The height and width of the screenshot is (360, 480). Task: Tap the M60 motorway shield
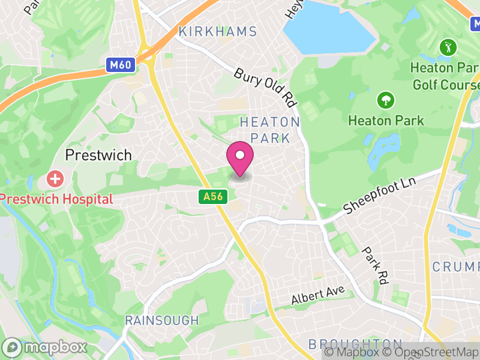(121, 65)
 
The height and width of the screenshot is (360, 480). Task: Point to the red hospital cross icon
(55, 178)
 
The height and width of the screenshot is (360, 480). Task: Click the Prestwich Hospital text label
(56, 199)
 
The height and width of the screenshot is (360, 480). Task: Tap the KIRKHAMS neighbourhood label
(218, 32)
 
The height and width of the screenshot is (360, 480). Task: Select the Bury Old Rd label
(266, 87)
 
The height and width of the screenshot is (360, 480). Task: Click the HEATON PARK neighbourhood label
(269, 130)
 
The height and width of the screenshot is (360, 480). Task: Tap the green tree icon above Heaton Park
(385, 100)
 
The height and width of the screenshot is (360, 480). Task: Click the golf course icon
(447, 46)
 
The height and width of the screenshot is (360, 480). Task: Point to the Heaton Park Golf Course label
(445, 76)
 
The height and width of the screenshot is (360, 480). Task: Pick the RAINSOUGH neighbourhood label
(161, 320)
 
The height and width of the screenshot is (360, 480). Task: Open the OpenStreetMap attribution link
(434, 353)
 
